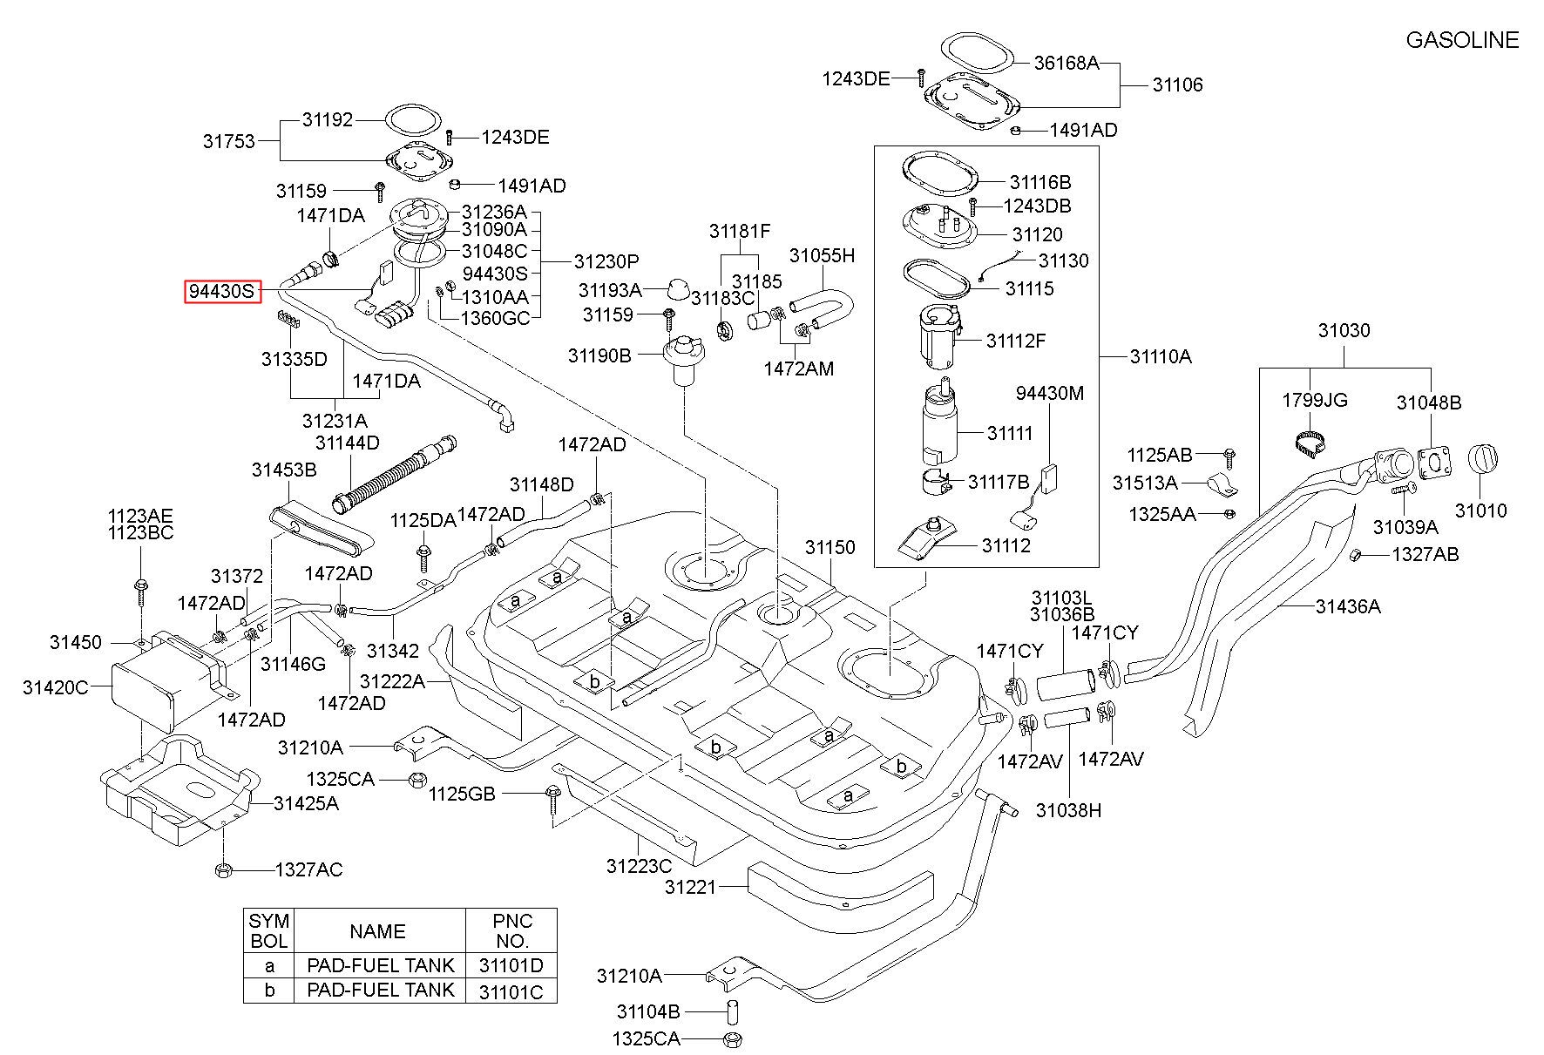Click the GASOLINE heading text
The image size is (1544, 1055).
(x=1462, y=40)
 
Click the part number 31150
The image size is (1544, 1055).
(x=830, y=547)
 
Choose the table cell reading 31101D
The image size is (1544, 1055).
(x=511, y=965)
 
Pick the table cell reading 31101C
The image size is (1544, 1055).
(x=511, y=991)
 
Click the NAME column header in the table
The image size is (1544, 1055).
(x=377, y=931)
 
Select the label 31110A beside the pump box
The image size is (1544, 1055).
(x=1161, y=356)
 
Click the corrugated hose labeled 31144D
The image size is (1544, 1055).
(x=393, y=474)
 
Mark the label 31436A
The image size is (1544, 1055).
(x=1348, y=606)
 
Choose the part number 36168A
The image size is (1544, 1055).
(x=1067, y=63)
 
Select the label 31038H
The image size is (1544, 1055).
(x=1068, y=810)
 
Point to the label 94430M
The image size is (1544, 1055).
(x=1050, y=393)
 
